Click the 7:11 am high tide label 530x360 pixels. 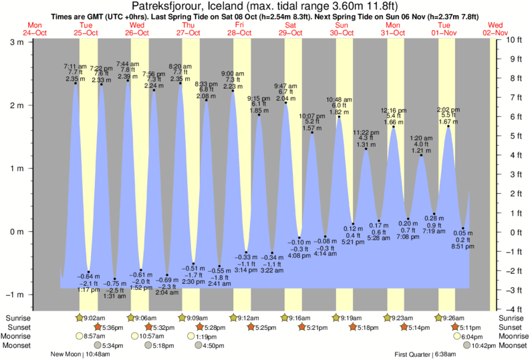pos(75,66)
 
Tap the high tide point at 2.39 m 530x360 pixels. pos(127,81)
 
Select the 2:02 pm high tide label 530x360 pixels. pos(447,110)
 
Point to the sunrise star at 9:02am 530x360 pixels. pos(81,318)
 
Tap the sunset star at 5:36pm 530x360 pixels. pos(98,327)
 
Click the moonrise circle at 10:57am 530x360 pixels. pos(132,337)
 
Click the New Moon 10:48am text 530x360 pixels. pos(83,354)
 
